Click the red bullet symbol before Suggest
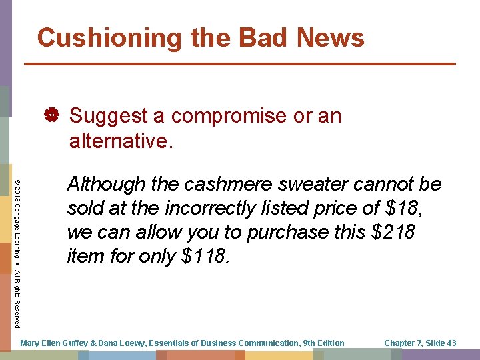click(x=51, y=117)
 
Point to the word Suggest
click(x=108, y=117)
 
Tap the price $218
click(x=391, y=232)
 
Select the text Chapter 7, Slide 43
click(x=420, y=343)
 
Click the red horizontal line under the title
click(x=240, y=64)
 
